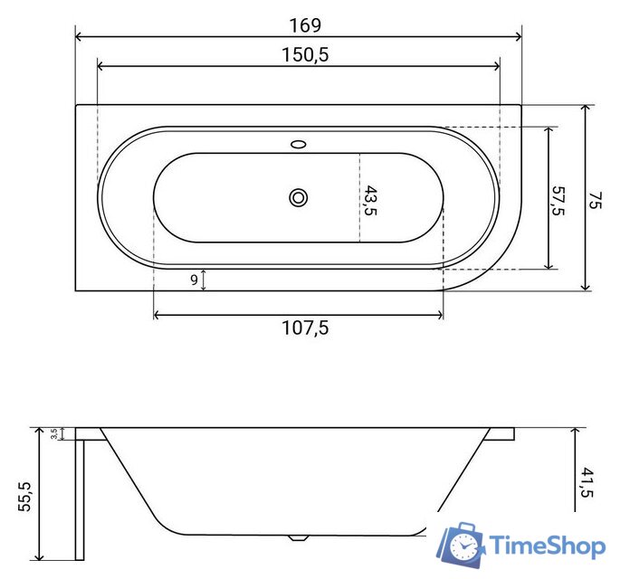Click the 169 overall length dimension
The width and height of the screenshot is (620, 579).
tap(305, 25)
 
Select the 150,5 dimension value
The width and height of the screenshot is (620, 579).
tap(305, 54)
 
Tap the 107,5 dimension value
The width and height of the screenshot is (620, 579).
tap(305, 327)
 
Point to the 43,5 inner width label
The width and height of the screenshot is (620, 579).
tap(370, 200)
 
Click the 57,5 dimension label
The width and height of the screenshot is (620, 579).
tap(558, 201)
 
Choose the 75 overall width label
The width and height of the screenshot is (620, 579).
tap(595, 200)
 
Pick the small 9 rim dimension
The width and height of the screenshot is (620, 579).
tap(194, 280)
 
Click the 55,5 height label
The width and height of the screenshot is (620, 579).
tap(25, 497)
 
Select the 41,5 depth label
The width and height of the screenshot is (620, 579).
tap(587, 482)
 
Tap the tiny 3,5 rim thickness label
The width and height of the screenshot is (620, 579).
tap(54, 434)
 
